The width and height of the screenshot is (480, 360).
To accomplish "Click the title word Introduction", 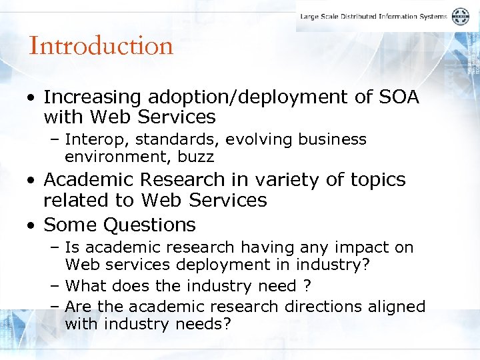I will pos(101,46).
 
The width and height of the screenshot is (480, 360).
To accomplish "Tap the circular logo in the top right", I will pos(461,17).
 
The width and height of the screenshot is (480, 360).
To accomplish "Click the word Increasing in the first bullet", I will pos(93,97).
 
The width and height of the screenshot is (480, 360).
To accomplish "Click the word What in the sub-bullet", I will pos(86,286).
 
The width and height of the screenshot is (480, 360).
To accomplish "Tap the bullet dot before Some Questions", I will pos(32,225).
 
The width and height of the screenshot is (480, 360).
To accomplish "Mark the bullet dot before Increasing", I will pos(32,98).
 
